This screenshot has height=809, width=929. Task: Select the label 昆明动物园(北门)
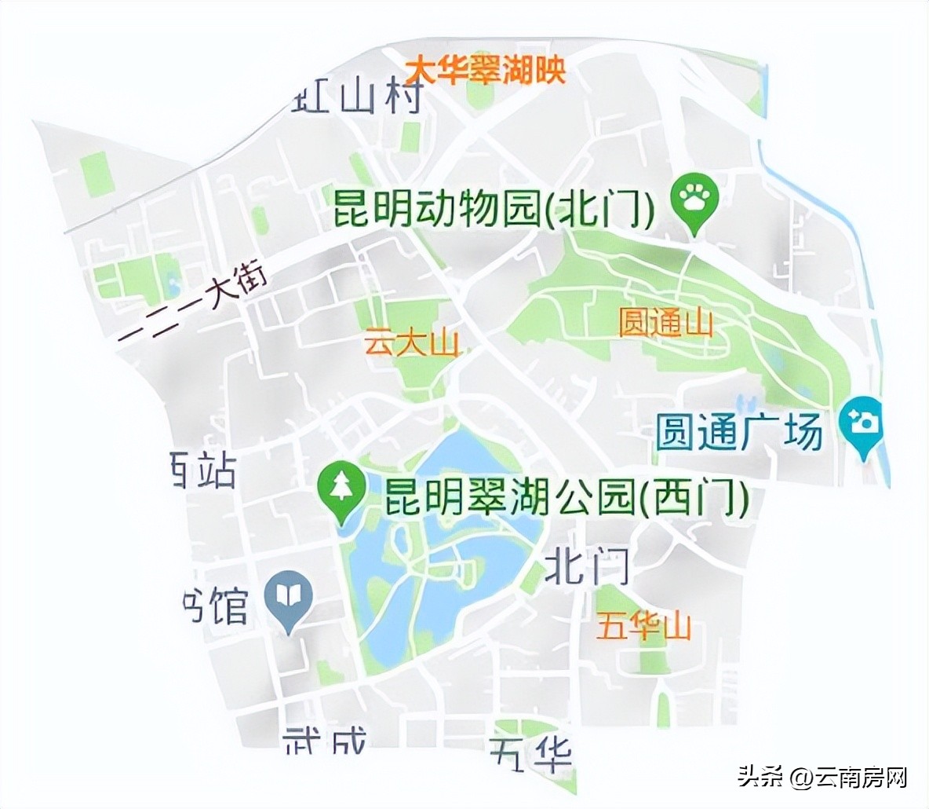494,207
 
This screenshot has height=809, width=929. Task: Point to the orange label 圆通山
665,322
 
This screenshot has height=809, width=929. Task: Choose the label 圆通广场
740,433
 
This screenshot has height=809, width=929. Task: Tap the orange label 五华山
643,628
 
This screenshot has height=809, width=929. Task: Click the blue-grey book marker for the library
288,598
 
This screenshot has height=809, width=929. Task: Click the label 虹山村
358,97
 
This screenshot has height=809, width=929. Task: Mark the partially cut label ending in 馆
215,605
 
